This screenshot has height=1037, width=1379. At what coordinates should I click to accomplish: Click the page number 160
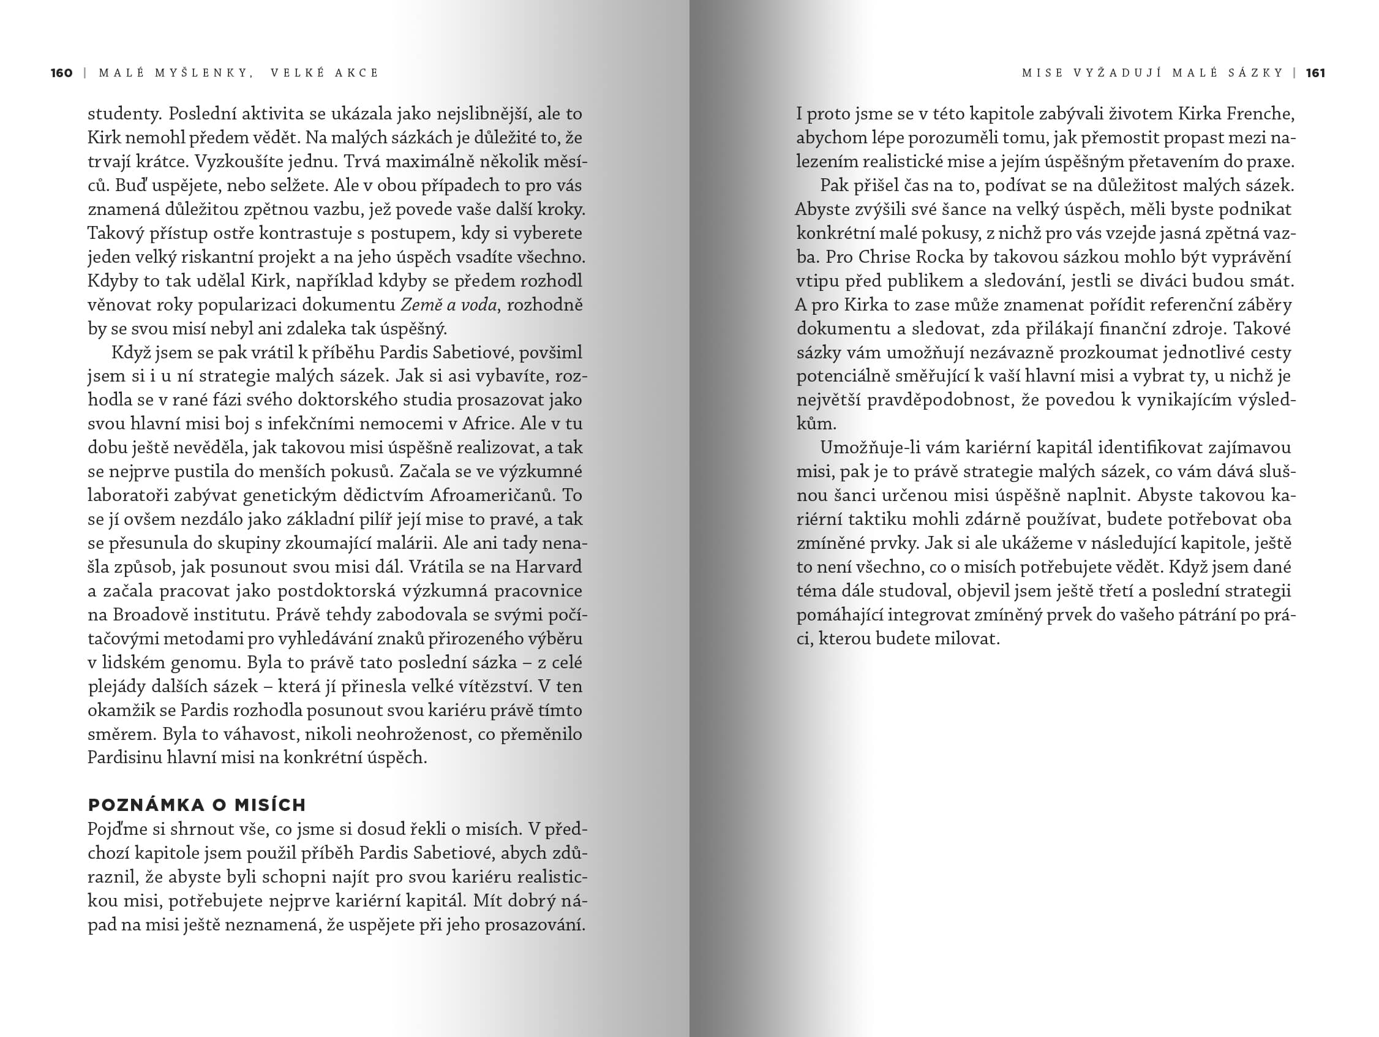[x=62, y=73]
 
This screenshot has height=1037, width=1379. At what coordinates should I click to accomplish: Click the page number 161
[x=1315, y=73]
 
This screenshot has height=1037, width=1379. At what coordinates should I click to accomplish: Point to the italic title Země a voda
[x=448, y=305]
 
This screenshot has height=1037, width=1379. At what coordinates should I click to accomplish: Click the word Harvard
[x=549, y=567]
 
